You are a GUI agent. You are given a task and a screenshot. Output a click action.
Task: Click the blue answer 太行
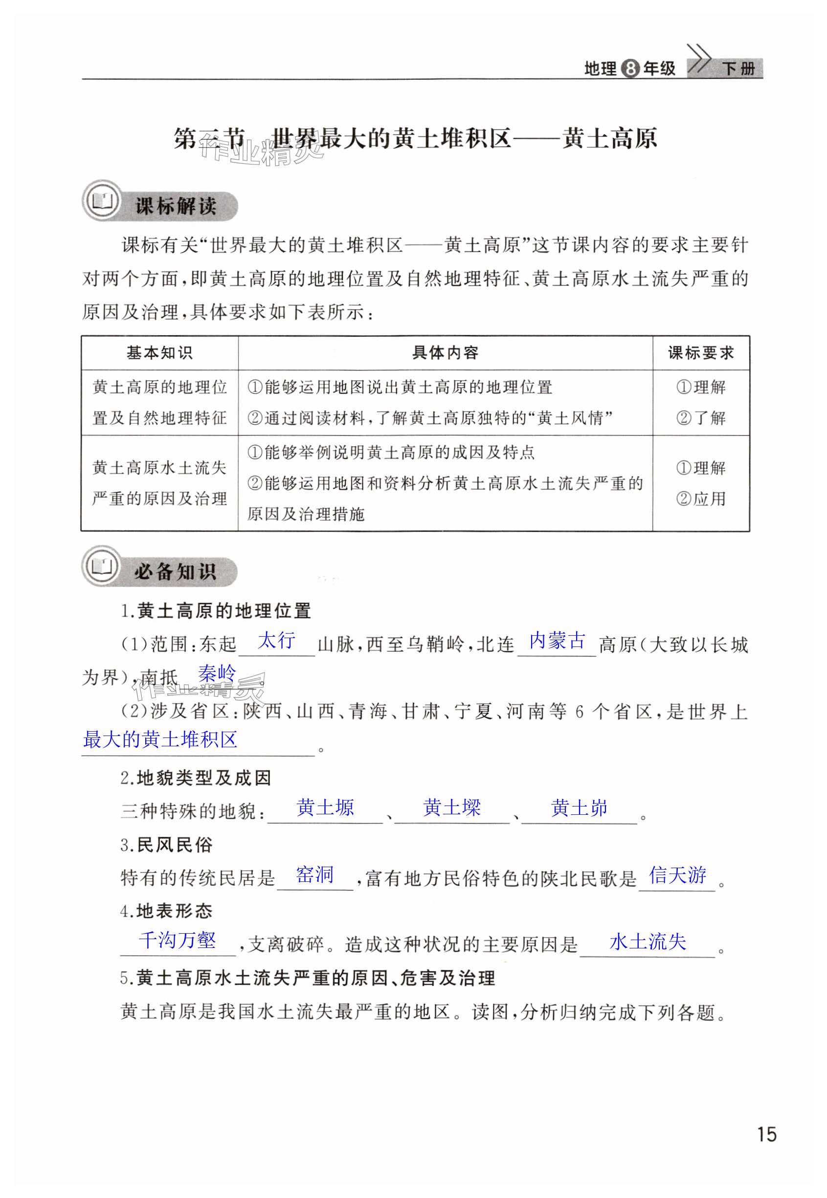pos(276,640)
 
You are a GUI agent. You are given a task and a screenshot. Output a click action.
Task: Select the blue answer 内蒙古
pos(557,641)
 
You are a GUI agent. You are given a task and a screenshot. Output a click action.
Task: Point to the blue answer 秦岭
pos(217,673)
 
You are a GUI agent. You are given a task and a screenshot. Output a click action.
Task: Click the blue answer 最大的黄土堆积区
pos(160,739)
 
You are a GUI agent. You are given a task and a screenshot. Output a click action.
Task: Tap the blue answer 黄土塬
pos(325,807)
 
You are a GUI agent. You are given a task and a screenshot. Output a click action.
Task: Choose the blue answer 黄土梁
pos(452,807)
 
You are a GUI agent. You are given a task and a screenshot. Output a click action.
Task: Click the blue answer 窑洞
pos(314,875)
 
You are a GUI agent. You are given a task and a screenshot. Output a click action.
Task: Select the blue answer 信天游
pos(677,875)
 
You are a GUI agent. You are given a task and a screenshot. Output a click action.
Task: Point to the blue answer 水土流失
pos(648,942)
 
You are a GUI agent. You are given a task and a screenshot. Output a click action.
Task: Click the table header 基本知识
pos(159,353)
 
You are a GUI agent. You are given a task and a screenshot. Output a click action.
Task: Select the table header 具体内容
pos(445,353)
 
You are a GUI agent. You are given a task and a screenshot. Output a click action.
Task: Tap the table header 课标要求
pos(700,353)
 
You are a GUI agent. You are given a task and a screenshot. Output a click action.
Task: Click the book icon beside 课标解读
pos(102,201)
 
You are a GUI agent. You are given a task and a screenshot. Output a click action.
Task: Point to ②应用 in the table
pos(700,499)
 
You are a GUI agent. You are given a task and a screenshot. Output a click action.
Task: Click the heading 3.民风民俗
pos(167,845)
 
